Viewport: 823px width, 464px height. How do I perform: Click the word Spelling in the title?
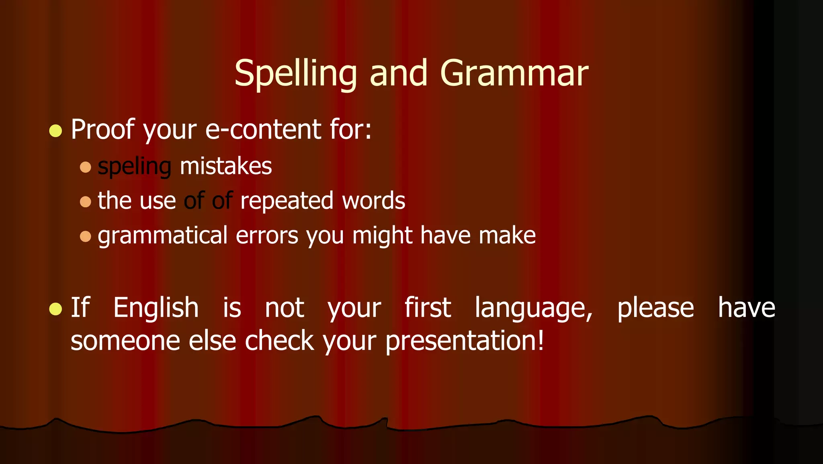(x=296, y=74)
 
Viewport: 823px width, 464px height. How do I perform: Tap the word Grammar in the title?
(x=514, y=74)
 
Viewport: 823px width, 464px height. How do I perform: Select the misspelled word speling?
(x=135, y=166)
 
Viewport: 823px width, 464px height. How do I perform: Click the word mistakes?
(x=226, y=166)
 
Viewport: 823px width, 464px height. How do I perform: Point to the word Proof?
(x=102, y=129)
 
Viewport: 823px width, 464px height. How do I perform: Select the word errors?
(x=267, y=235)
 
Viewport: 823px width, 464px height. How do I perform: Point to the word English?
(x=156, y=308)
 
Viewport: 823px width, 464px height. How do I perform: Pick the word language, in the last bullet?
(x=534, y=309)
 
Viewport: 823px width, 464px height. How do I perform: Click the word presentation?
(x=465, y=341)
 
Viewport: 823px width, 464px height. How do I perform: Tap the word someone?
(x=125, y=341)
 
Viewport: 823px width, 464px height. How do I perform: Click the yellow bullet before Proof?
(x=55, y=131)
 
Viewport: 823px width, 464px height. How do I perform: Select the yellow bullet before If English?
(x=55, y=309)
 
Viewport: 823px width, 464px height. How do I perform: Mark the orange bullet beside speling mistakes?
(x=85, y=167)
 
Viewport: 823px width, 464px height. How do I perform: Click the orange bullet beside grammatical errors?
(x=85, y=236)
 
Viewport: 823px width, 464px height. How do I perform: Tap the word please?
(x=655, y=309)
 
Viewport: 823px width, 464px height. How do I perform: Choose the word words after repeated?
(x=373, y=200)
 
